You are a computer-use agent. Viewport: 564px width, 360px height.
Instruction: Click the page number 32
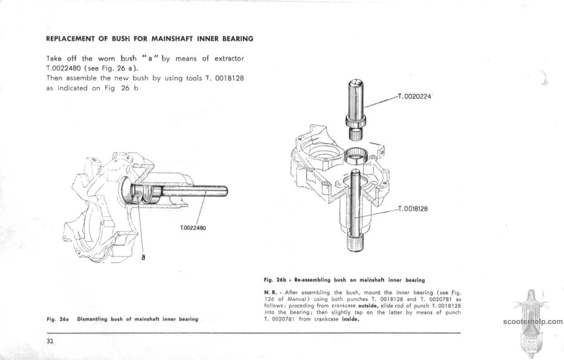[50, 342]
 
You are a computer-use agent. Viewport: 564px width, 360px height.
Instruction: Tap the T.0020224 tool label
[415, 96]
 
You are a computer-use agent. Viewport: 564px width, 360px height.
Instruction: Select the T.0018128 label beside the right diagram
[413, 209]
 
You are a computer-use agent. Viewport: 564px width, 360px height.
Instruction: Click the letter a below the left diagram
[143, 257]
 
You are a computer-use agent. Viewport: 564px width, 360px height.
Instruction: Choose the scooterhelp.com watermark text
[532, 322]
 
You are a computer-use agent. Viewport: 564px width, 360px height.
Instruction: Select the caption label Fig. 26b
[275, 279]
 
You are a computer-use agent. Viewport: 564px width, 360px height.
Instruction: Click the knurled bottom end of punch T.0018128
[356, 245]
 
